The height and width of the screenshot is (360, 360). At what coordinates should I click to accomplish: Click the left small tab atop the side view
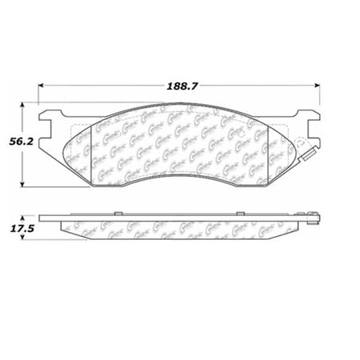[x=118, y=213]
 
